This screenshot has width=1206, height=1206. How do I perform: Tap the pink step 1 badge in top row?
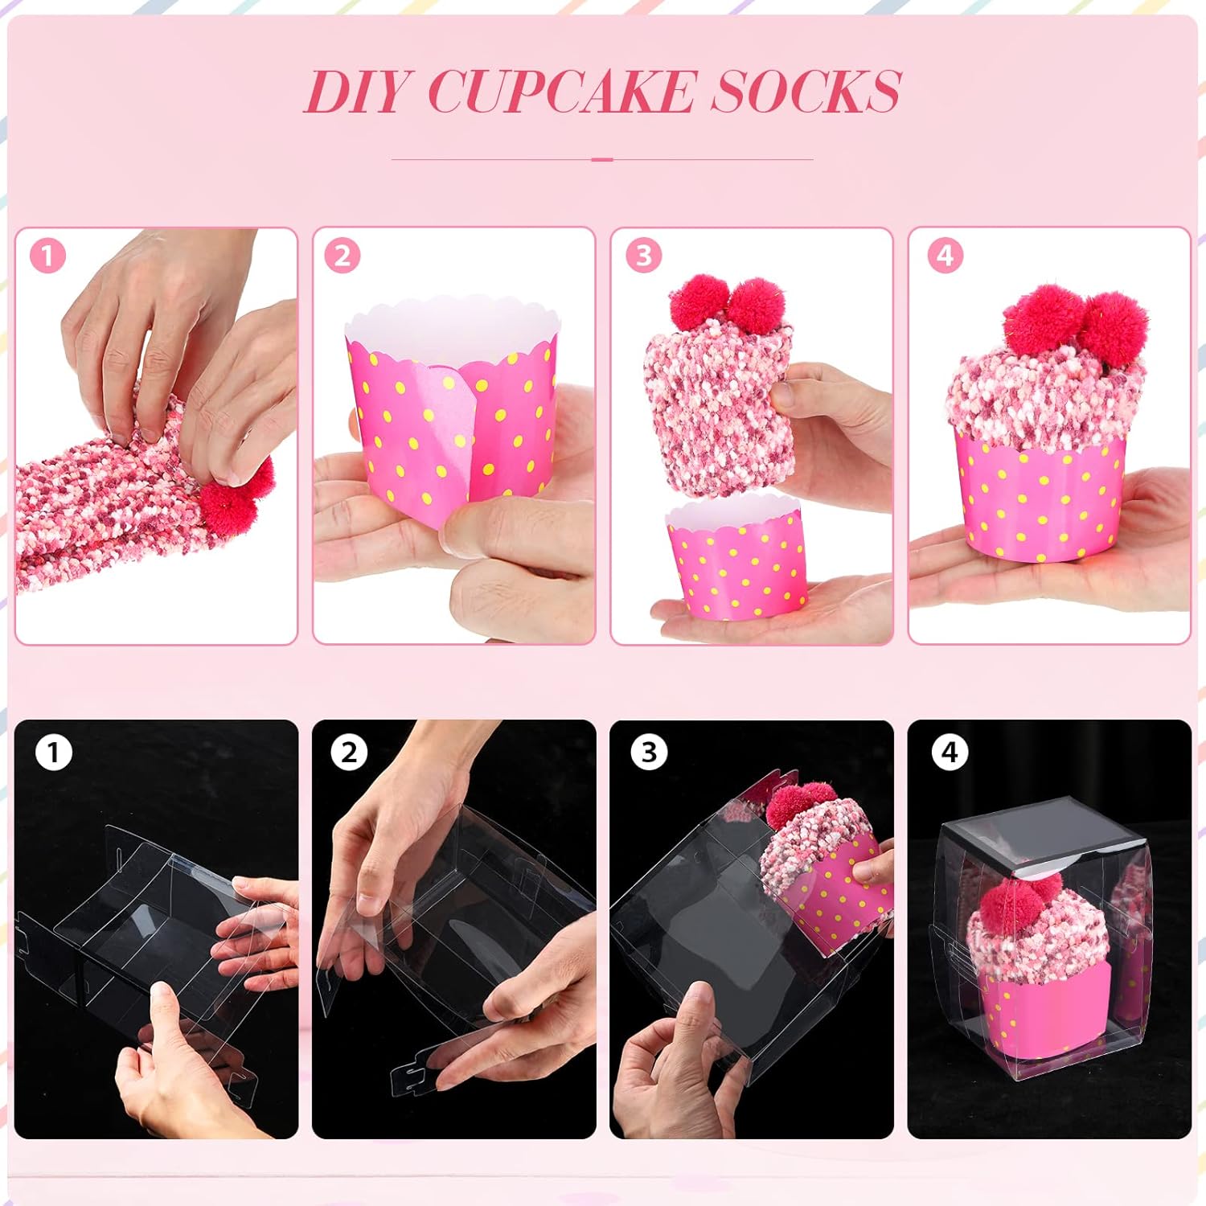click(47, 256)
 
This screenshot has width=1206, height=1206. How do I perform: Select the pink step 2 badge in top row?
click(343, 256)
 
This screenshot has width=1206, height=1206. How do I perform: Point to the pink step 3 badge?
click(643, 256)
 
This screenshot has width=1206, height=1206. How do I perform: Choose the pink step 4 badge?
click(945, 256)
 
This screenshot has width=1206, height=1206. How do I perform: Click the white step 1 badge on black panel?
click(53, 753)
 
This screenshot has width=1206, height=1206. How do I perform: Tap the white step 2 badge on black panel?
click(349, 753)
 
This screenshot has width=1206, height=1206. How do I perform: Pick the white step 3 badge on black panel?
click(649, 753)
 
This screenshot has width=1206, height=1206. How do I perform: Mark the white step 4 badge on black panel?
click(950, 753)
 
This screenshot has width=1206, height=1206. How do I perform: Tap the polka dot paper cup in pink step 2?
click(450, 418)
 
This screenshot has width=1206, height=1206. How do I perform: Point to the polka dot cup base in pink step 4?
click(1041, 498)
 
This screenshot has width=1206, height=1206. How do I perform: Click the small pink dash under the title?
click(602, 159)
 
